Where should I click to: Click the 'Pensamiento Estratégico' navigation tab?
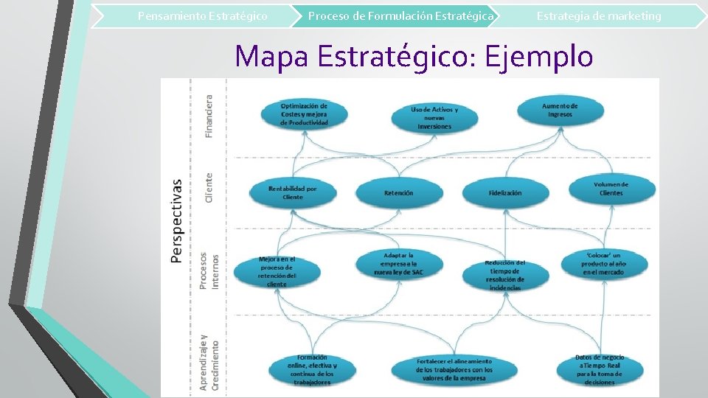tap(202, 15)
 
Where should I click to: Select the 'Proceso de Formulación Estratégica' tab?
tap(400, 15)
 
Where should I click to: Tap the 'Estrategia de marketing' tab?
tap(598, 15)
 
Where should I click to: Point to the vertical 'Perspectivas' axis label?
tap(177, 220)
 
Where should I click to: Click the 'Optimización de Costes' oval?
tap(304, 114)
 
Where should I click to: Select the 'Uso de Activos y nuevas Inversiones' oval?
tap(434, 118)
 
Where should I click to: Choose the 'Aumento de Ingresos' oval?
tap(560, 110)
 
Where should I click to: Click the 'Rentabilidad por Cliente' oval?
tap(293, 192)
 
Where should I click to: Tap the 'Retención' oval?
tap(399, 193)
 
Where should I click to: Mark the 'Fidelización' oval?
tap(505, 193)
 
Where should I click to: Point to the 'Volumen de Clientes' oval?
tap(611, 189)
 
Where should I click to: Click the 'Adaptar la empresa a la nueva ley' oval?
tap(399, 263)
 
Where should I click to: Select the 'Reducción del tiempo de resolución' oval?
tap(505, 274)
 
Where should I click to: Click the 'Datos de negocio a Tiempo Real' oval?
tap(600, 369)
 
